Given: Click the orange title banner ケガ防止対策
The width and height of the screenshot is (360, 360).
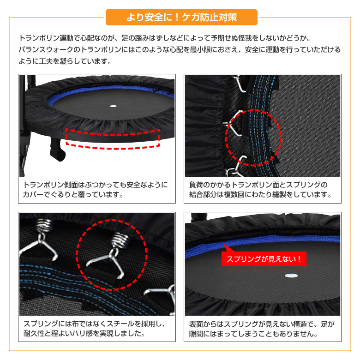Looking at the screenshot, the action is coord(181,17).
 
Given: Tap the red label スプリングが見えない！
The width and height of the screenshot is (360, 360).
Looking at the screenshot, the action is coord(264,259).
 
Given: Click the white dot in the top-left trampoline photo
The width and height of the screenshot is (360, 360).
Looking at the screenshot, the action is coord(113,106).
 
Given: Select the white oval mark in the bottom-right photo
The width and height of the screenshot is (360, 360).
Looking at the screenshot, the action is coord(291,276).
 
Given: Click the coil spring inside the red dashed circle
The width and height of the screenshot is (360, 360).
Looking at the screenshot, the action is coord(120,240).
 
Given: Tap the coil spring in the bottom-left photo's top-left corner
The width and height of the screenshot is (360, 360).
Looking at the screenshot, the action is coord(44,226).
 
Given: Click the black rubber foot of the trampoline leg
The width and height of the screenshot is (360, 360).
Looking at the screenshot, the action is coord(57,150).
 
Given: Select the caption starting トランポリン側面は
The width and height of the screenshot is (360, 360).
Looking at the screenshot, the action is coord(96,190).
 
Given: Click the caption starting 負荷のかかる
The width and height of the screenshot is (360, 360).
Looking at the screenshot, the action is coord(260,190).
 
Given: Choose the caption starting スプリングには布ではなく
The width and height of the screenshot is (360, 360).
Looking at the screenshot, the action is coord(94,329).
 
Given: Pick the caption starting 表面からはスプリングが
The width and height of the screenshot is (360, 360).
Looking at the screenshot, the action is coord(262,329).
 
